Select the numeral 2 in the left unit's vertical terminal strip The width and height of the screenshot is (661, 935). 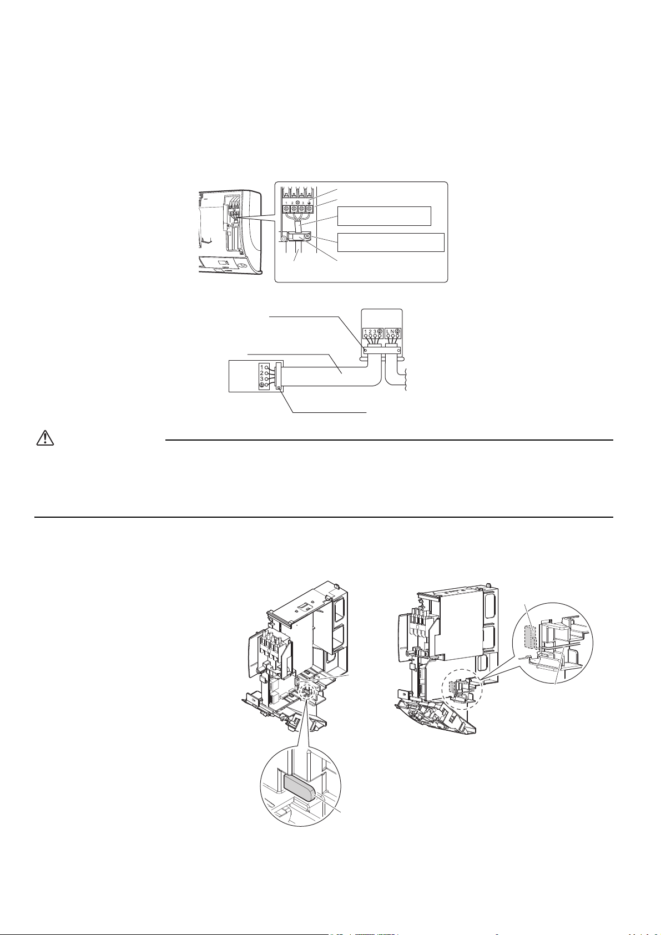click(262, 373)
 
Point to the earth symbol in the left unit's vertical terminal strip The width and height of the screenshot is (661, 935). click(262, 385)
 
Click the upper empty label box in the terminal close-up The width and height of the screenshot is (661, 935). click(384, 216)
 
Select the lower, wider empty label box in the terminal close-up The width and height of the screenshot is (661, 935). click(391, 242)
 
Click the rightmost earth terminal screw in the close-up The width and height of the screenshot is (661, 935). click(309, 210)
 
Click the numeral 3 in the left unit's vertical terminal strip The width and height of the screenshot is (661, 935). click(262, 379)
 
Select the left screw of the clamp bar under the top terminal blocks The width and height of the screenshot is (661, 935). click(365, 350)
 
